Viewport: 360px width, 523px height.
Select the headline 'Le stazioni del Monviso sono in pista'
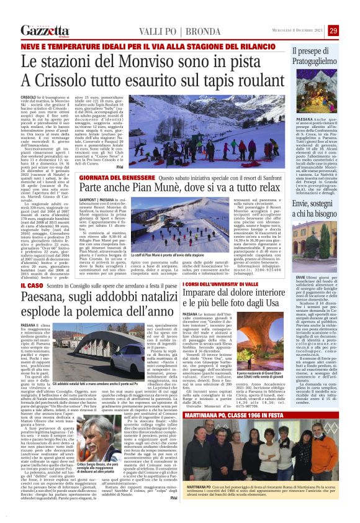point(140,62)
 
